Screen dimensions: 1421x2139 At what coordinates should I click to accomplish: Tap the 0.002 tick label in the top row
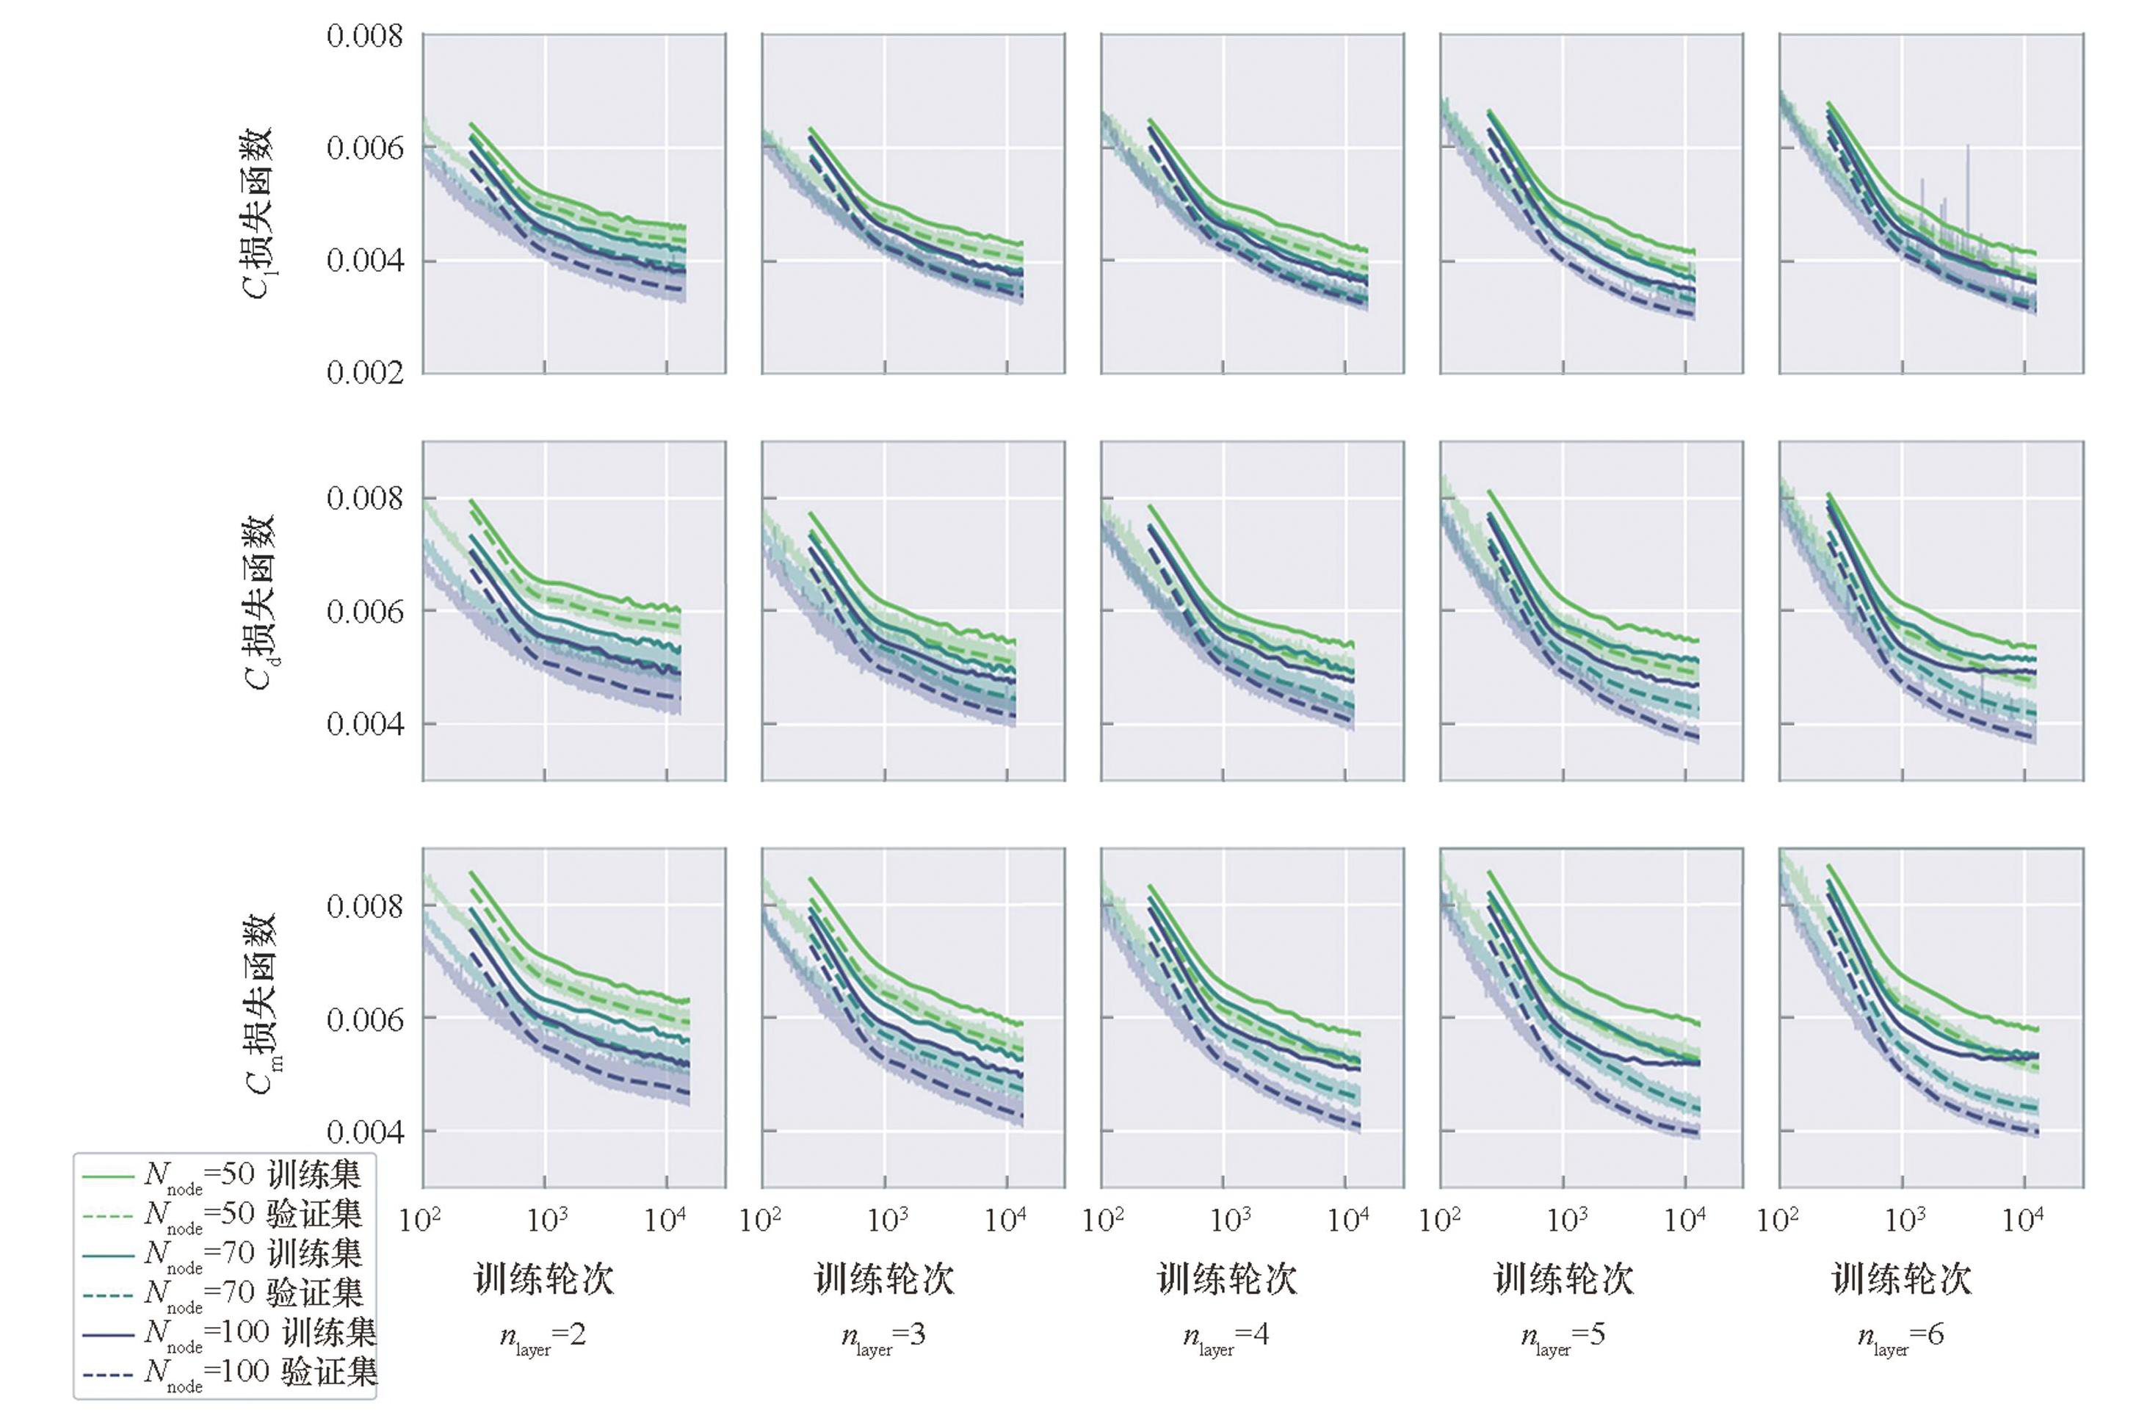click(364, 372)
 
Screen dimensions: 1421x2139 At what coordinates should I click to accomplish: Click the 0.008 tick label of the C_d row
click(364, 499)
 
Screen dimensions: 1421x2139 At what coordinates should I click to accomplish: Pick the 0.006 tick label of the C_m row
click(364, 1019)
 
